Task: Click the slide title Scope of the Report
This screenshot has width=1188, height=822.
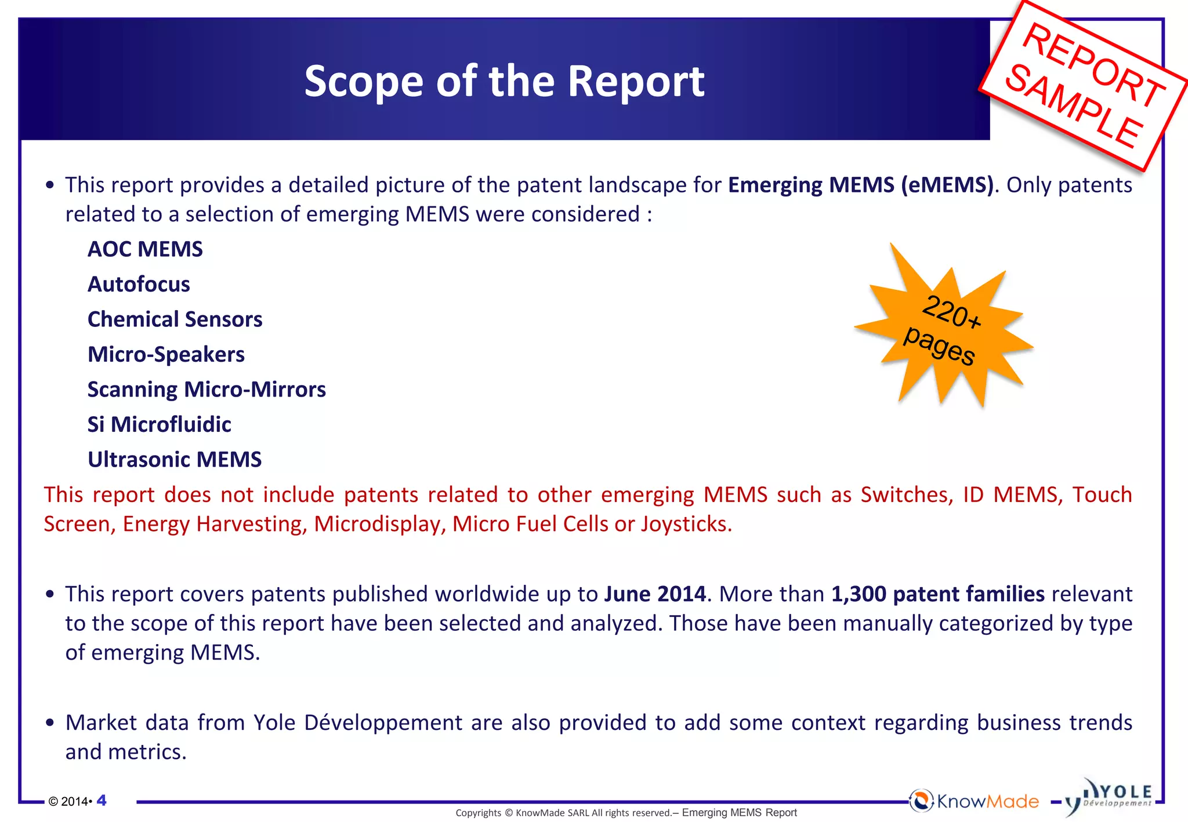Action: pos(504,81)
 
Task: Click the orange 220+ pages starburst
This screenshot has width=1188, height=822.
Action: pos(944,328)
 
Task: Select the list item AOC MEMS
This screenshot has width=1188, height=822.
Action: pos(145,249)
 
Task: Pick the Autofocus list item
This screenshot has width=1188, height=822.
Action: pos(139,285)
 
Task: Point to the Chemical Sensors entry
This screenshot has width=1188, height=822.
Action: pos(175,319)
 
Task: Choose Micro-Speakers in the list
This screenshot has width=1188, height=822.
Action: pos(166,355)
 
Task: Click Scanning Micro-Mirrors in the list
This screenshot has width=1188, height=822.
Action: pos(207,390)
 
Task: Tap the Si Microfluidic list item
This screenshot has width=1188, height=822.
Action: pos(159,425)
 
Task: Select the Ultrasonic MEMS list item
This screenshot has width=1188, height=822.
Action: pos(175,460)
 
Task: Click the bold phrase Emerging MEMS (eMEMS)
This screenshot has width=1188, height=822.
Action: pos(860,185)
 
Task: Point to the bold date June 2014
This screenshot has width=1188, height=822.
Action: pos(655,594)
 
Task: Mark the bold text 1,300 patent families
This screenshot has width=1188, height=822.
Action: pos(937,594)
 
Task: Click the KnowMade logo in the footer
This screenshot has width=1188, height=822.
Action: pos(975,801)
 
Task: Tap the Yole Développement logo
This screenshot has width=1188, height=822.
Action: pos(1111,797)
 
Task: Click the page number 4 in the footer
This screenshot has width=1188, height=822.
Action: pos(102,801)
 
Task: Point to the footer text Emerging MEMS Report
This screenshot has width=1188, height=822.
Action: pos(739,813)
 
